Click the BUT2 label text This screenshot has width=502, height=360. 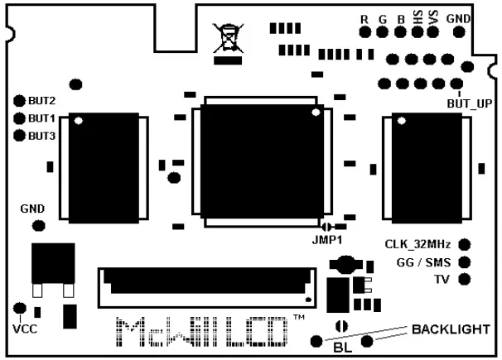click(x=41, y=100)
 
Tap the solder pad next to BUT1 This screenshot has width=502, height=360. click(x=19, y=118)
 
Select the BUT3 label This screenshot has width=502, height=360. click(x=41, y=135)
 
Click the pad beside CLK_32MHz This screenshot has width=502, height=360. click(x=464, y=244)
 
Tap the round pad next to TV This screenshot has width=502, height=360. click(x=464, y=279)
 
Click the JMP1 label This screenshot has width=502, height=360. click(x=328, y=240)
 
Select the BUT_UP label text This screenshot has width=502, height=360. click(x=469, y=103)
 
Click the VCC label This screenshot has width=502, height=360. click(x=25, y=329)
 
